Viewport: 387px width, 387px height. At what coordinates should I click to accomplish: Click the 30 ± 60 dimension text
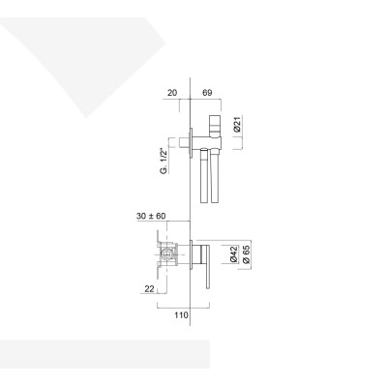pyautogui.click(x=154, y=217)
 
